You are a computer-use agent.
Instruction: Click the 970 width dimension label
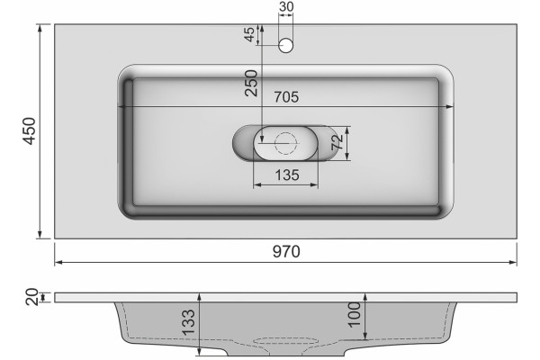(286, 251)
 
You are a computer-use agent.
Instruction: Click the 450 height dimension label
(29, 130)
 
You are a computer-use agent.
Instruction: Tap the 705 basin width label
(286, 97)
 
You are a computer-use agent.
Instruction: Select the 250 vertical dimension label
(251, 83)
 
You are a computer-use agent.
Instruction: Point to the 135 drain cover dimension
(287, 175)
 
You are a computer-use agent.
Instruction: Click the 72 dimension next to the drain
(337, 142)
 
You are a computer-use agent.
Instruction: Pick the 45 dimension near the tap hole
(249, 34)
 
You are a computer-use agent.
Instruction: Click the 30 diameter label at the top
(286, 6)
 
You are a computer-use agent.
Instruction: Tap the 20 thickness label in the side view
(31, 297)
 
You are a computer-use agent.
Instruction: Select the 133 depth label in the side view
(188, 322)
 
